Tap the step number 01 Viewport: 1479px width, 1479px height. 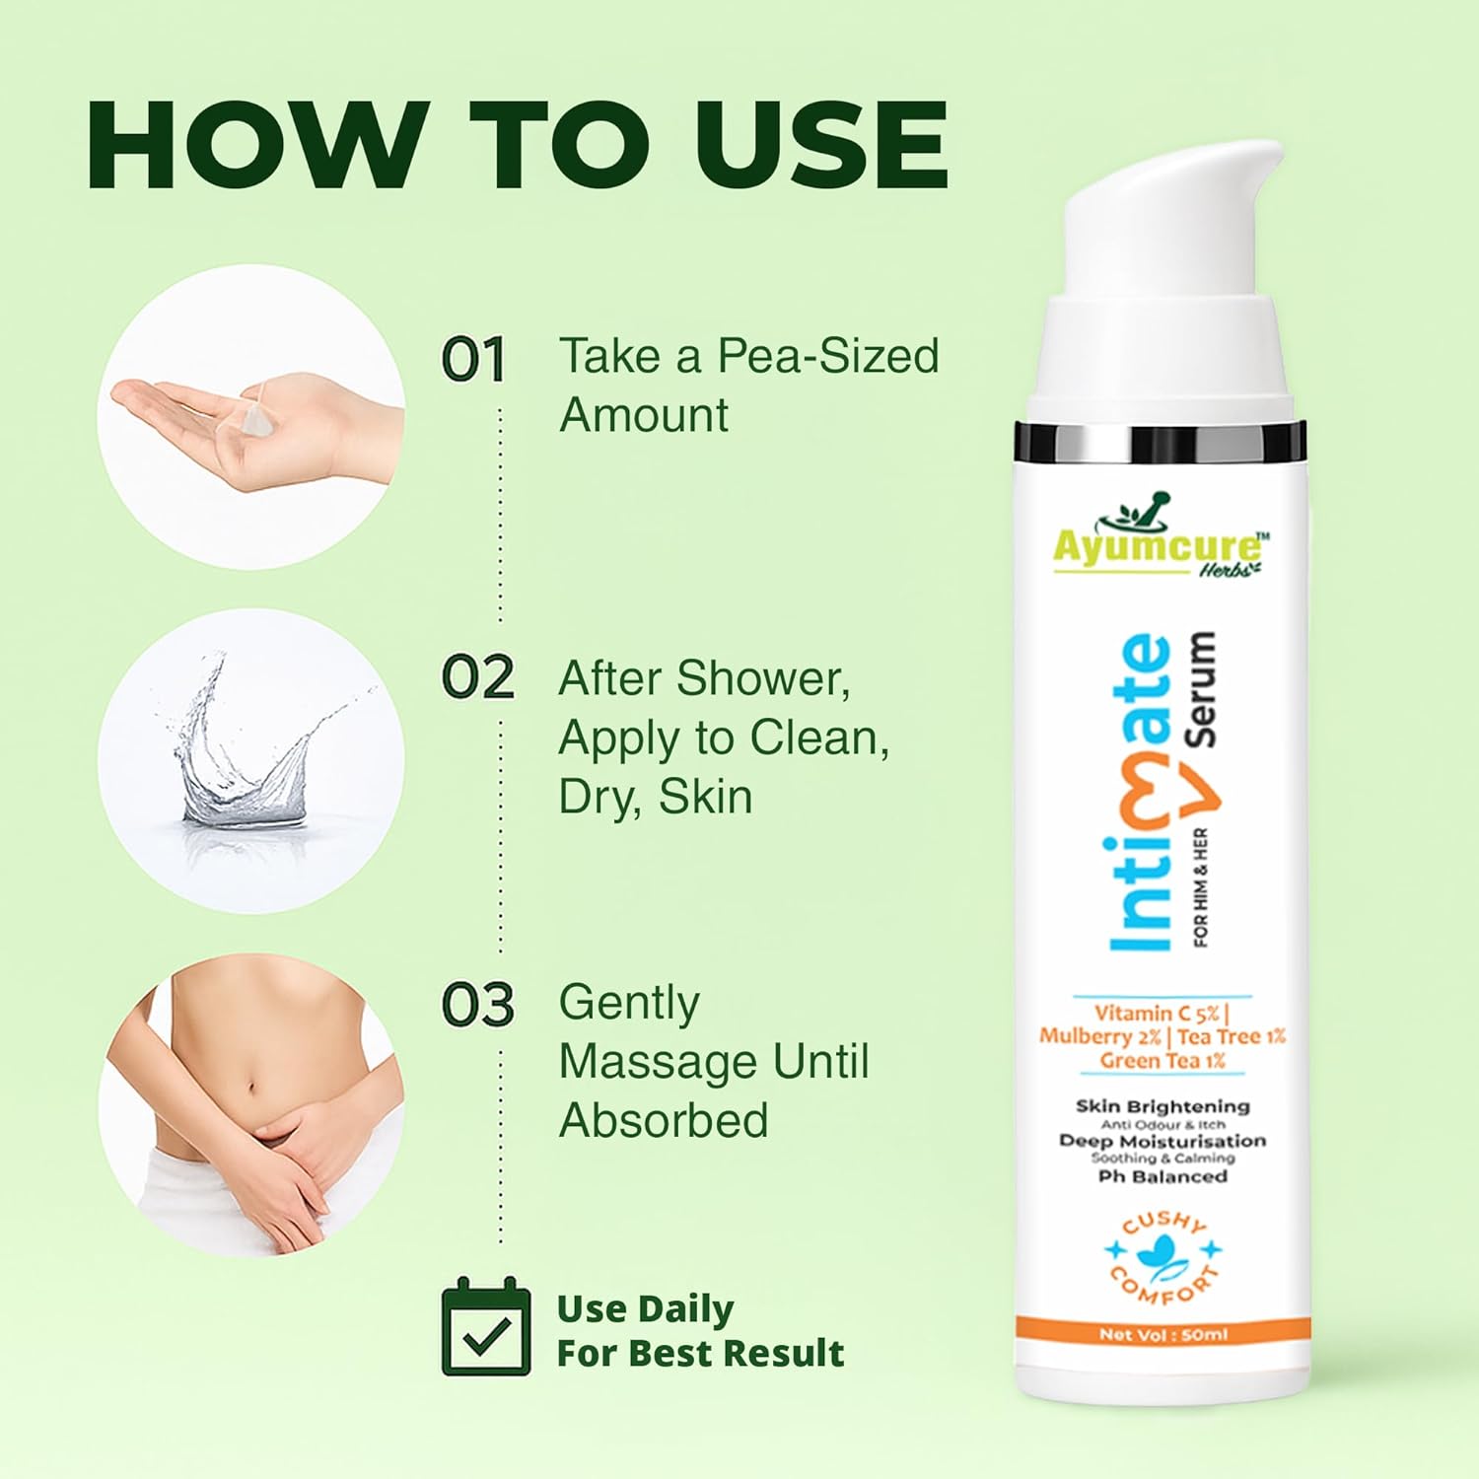pyautogui.click(x=473, y=359)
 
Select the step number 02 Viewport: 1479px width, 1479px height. pyautogui.click(x=477, y=678)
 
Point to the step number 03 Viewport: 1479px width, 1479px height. pyautogui.click(x=477, y=1005)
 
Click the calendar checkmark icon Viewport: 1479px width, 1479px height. pyautogui.click(x=486, y=1326)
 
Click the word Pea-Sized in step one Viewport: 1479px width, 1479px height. pyautogui.click(x=827, y=358)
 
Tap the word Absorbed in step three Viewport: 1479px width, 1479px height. pyautogui.click(x=664, y=1121)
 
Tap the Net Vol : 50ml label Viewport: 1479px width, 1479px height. pyautogui.click(x=1163, y=1335)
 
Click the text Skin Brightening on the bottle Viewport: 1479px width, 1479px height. pyautogui.click(x=1162, y=1107)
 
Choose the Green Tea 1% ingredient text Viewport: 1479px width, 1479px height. pyautogui.click(x=1162, y=1061)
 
